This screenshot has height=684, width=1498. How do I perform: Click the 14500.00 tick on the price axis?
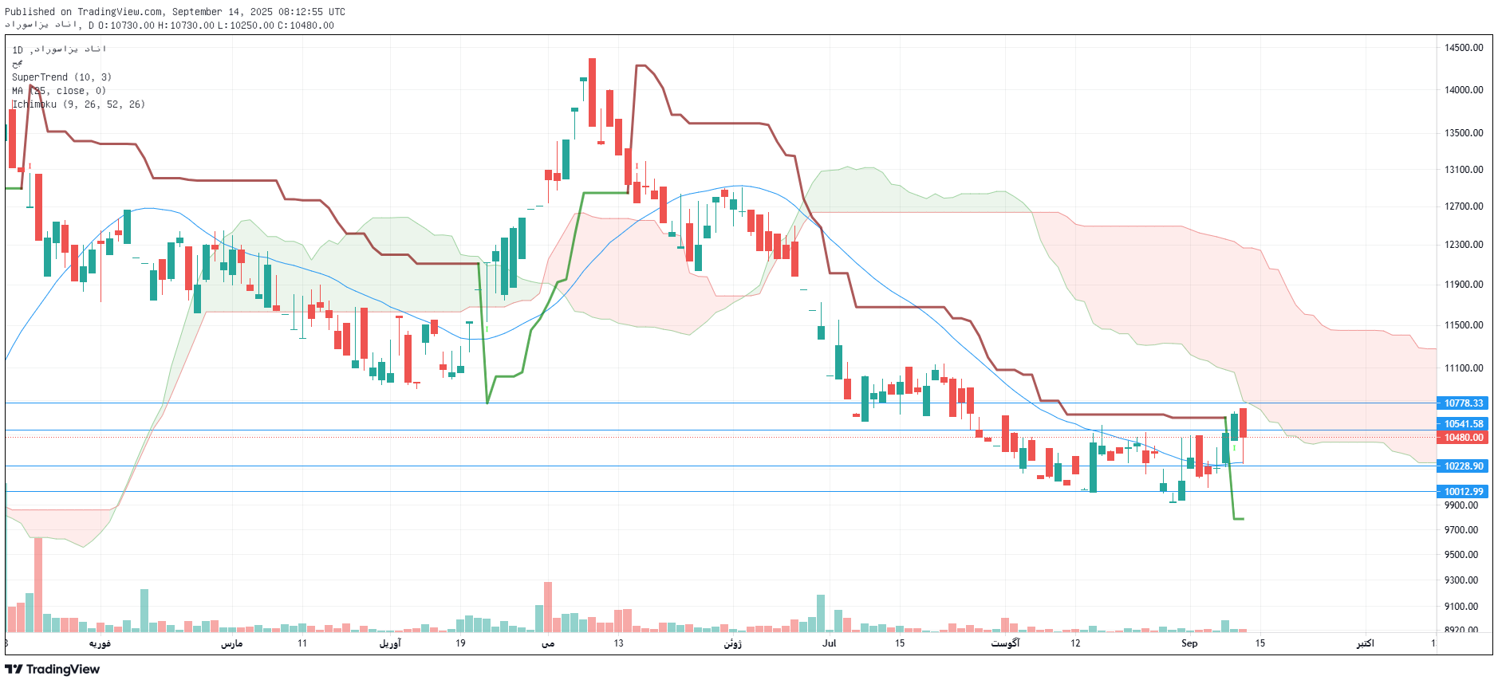[1464, 48]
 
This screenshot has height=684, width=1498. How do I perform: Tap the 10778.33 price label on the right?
[1464, 403]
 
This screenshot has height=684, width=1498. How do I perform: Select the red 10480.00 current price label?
[1464, 438]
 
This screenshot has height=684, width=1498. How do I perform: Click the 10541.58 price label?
[1464, 424]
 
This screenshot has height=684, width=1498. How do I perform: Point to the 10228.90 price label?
[1464, 466]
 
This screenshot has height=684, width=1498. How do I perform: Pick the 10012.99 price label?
[1464, 492]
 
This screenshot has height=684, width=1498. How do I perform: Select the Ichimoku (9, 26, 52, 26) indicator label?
[78, 104]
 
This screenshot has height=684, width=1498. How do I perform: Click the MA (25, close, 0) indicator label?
[59, 91]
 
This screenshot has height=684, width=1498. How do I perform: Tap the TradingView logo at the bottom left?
[53, 669]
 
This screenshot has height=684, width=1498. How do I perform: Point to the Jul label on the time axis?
[830, 643]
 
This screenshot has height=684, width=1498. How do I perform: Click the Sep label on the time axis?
[1189, 643]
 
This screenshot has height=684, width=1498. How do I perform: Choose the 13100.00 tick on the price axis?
[1464, 170]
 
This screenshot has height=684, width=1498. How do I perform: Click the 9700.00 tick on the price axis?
[1461, 530]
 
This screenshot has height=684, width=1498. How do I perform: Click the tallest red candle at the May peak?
[592, 92]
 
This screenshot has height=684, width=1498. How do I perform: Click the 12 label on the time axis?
[1075, 643]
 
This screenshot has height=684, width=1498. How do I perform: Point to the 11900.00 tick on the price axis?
[1464, 285]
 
